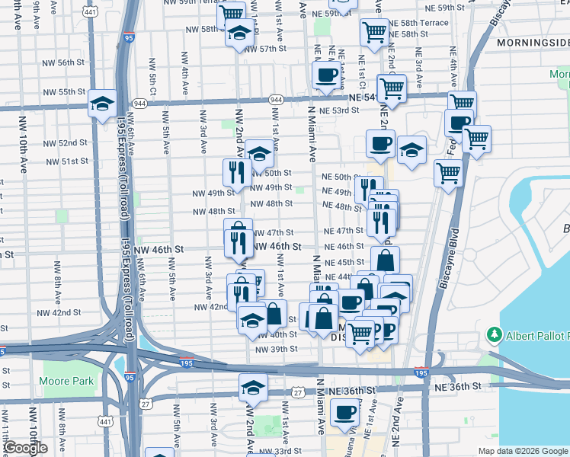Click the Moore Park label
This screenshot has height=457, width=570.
66,381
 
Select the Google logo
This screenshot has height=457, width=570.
24,449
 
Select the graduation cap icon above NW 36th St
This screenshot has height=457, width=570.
253,386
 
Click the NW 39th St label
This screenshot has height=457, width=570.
276,349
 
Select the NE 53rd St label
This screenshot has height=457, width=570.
340,111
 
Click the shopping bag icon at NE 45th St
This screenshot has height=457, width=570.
386,260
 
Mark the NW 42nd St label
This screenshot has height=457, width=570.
212,306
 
